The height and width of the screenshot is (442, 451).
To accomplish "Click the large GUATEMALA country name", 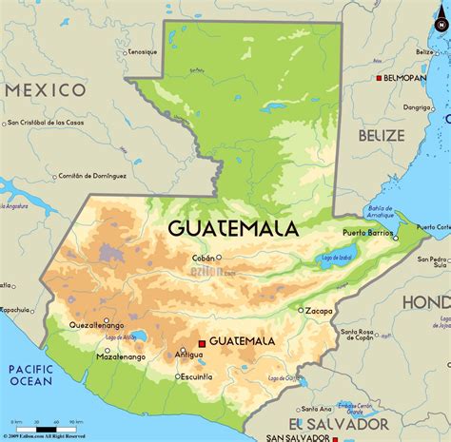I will tap(233, 228).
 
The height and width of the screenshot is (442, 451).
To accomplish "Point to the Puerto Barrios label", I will tap(367, 232).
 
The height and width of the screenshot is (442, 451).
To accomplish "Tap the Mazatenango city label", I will tap(121, 357).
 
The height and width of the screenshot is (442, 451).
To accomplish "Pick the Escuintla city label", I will tap(194, 376).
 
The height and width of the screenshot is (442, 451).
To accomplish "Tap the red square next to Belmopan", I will tap(379, 77).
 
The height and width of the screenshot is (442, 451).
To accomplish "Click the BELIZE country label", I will tap(382, 136).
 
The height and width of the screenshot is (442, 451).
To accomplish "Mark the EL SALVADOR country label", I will tap(327, 423).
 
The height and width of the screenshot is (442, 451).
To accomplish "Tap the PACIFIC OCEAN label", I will tap(29, 374).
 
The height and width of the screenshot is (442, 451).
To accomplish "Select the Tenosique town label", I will tap(141, 51).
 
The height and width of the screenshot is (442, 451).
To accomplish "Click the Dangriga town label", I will tap(417, 107).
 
